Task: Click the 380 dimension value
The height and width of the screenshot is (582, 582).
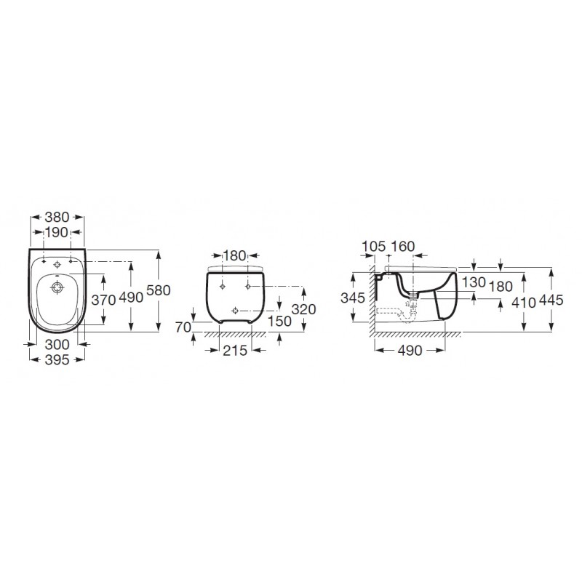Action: coord(57,216)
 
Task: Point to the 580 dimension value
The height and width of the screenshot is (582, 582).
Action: coord(158,290)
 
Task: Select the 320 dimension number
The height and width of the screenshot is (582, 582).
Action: coord(303,309)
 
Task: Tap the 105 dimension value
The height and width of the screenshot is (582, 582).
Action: coord(373,246)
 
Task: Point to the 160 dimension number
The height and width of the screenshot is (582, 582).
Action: coord(402,246)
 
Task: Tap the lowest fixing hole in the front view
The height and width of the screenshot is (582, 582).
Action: coord(234,311)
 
